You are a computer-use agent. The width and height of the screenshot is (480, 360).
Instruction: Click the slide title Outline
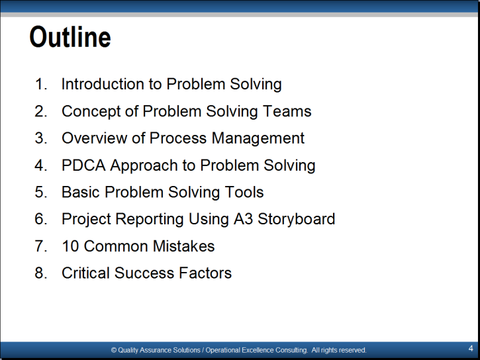(x=70, y=36)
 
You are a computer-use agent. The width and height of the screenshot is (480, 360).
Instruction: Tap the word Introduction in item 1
(x=103, y=84)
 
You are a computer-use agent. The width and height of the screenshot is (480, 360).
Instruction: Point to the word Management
(x=258, y=139)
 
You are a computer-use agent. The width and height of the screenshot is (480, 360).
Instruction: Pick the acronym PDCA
(x=83, y=165)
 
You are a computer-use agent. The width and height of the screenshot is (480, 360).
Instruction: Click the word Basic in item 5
(x=81, y=192)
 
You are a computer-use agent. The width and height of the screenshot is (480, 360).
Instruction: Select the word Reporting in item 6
(x=150, y=220)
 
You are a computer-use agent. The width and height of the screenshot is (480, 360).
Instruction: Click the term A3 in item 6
(x=244, y=218)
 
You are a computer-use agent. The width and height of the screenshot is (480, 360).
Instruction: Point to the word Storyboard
(x=297, y=220)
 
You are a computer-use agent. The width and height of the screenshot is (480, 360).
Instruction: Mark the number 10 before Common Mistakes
(x=70, y=246)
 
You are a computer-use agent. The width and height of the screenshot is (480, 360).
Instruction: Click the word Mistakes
(x=183, y=246)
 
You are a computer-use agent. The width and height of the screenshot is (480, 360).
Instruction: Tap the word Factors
(x=205, y=273)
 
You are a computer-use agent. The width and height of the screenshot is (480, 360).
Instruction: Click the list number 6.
(x=40, y=219)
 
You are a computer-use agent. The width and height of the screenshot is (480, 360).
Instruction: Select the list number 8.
(x=40, y=273)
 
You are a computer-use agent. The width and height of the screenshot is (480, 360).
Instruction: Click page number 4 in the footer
(x=471, y=348)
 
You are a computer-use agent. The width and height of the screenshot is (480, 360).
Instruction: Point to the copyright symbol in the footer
(x=114, y=350)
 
